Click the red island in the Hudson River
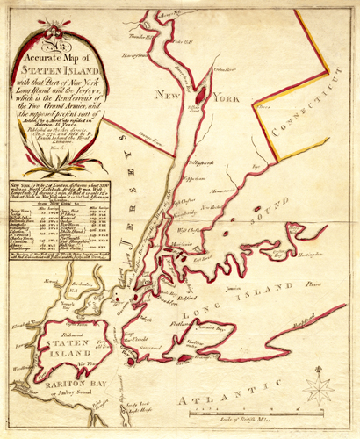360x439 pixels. (x=200, y=90)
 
